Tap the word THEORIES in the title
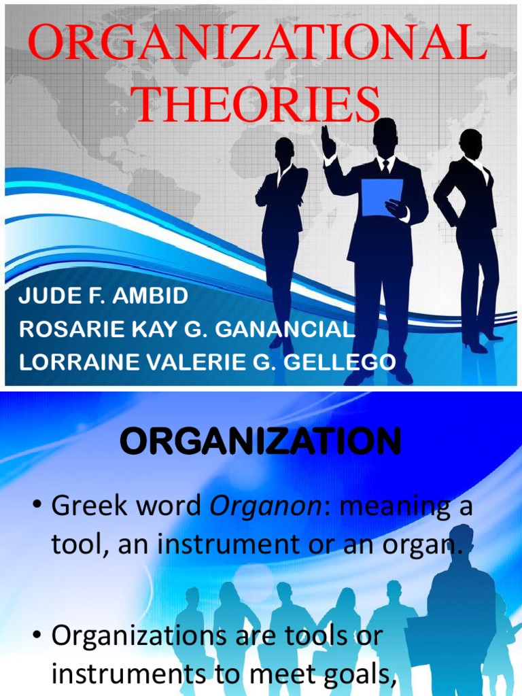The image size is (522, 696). click(257, 105)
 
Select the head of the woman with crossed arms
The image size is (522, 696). click(284, 150)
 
